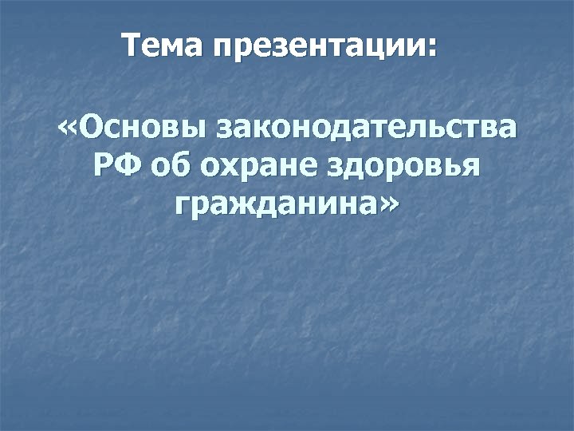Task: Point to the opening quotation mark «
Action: click(68, 129)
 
